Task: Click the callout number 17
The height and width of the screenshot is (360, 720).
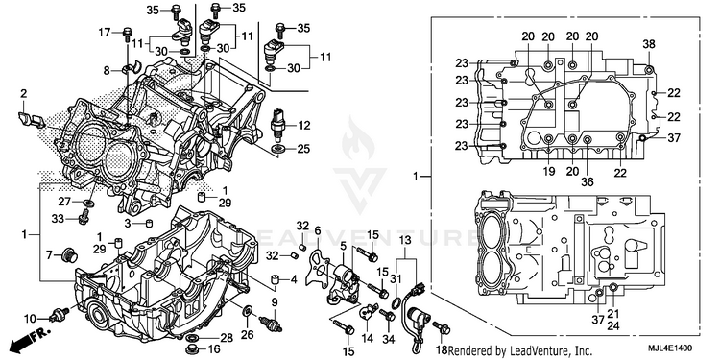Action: pyautogui.click(x=105, y=33)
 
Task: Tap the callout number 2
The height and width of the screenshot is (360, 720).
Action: pyautogui.click(x=23, y=94)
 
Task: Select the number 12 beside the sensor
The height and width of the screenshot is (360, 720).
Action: pyautogui.click(x=304, y=126)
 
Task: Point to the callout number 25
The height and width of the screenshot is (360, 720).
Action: pyautogui.click(x=303, y=149)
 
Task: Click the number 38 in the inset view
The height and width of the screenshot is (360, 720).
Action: pyautogui.click(x=649, y=44)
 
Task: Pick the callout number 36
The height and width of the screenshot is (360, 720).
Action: pyautogui.click(x=588, y=182)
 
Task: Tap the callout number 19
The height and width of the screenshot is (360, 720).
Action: pyautogui.click(x=549, y=171)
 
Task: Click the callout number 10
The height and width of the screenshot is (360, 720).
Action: pyautogui.click(x=31, y=318)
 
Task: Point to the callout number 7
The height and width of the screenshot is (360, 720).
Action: pyautogui.click(x=49, y=253)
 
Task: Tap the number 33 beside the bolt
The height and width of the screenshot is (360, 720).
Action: pyautogui.click(x=58, y=220)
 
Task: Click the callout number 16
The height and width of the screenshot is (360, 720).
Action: pyautogui.click(x=215, y=349)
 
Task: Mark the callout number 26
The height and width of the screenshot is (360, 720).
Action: pyautogui.click(x=248, y=335)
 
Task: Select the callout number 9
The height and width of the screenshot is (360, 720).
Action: pyautogui.click(x=275, y=302)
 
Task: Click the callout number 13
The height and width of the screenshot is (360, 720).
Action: pyautogui.click(x=404, y=239)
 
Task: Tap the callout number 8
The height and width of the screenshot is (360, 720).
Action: pyautogui.click(x=107, y=71)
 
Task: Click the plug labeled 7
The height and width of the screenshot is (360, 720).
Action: pyautogui.click(x=70, y=253)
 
